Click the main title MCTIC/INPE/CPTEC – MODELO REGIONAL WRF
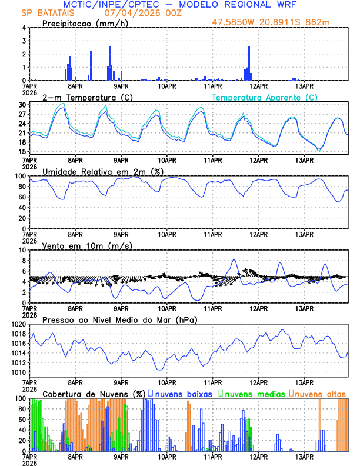(x=179, y=5)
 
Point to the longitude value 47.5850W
(x=241, y=24)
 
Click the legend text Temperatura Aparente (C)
(x=265, y=97)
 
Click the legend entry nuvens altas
(x=321, y=394)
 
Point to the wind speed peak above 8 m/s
(x=234, y=259)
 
